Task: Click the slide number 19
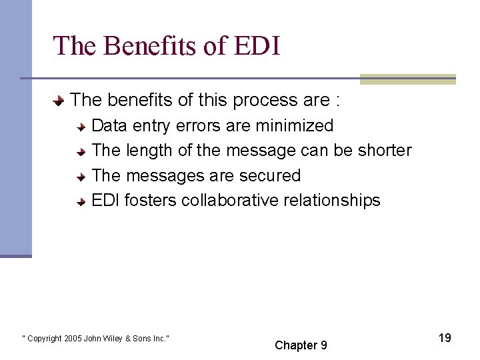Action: (445, 338)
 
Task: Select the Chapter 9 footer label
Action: (301, 345)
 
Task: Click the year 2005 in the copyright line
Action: (73, 339)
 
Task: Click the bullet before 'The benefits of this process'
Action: (59, 101)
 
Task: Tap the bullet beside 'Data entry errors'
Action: (80, 127)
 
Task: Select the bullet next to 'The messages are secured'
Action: (80, 177)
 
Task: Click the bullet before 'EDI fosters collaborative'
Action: (80, 201)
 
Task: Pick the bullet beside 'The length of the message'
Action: (80, 151)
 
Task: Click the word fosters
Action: (150, 201)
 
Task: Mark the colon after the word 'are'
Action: (339, 101)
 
